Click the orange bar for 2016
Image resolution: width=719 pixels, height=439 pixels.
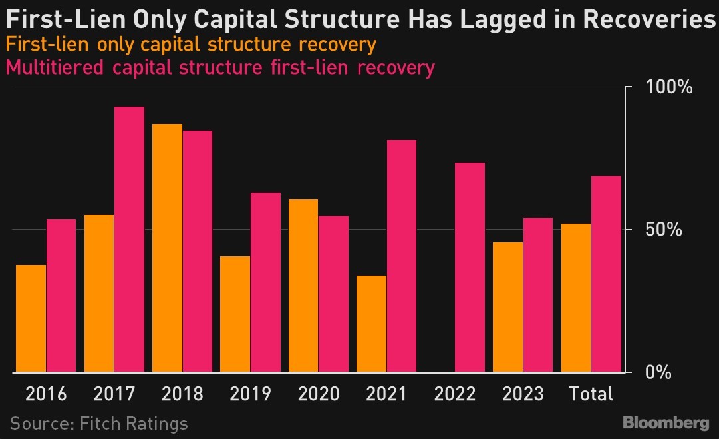31,318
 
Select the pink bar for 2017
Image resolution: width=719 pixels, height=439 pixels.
129,239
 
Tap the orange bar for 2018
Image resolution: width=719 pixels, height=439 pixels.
167,248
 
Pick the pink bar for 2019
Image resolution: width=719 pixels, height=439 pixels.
265,282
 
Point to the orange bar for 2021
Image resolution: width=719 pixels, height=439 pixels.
371,324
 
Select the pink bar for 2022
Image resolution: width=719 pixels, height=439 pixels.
470,267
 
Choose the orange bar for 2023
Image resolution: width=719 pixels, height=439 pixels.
507,307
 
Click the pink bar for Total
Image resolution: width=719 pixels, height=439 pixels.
606,274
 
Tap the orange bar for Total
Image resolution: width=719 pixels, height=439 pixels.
576,298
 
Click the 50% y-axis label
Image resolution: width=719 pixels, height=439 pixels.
666,230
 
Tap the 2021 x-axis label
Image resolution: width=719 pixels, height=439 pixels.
386,394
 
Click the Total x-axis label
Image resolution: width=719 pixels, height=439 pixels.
591,394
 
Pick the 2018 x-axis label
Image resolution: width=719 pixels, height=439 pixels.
182,394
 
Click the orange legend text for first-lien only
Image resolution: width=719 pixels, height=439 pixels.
190,46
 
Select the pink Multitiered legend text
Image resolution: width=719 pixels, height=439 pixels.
219,67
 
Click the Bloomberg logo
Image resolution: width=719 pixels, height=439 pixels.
666,423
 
